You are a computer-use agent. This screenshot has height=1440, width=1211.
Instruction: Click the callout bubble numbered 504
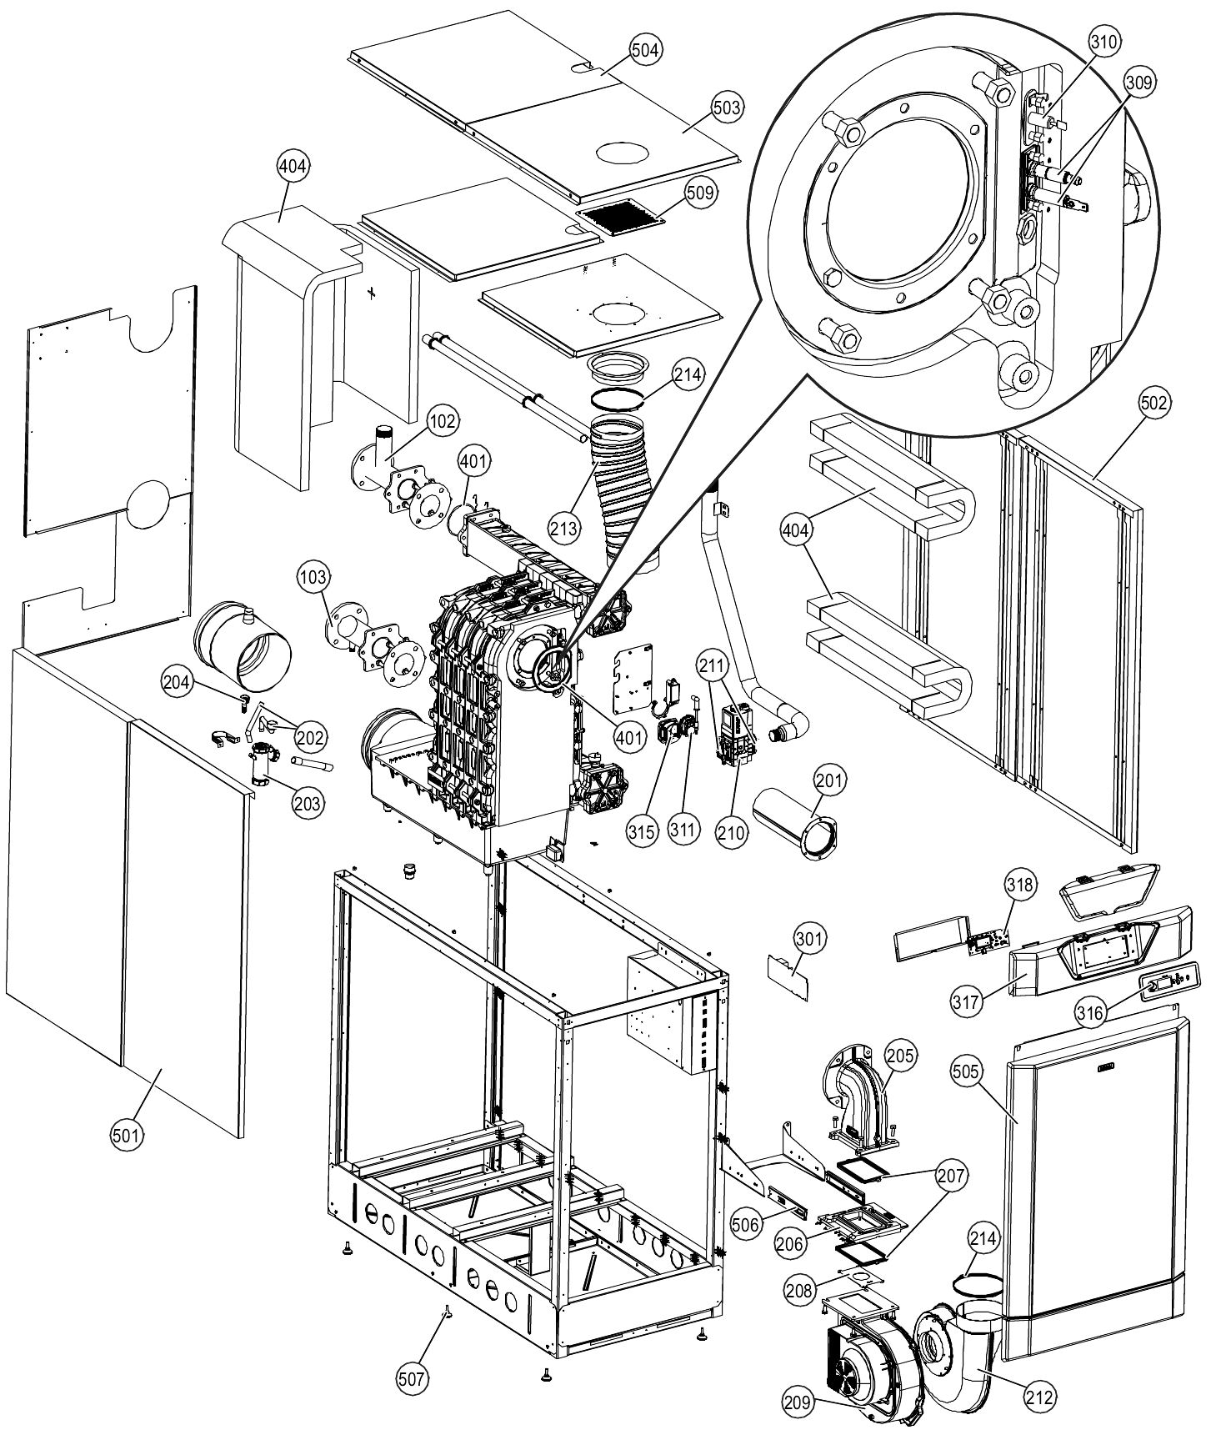(646, 51)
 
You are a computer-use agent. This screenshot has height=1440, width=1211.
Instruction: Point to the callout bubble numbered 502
(1153, 403)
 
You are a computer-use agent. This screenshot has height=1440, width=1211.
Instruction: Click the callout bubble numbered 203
(308, 803)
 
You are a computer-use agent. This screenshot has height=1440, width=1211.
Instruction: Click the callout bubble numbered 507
(413, 1378)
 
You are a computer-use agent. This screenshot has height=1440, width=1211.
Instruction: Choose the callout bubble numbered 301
(809, 940)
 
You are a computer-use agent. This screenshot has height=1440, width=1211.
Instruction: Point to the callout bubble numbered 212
(1041, 1395)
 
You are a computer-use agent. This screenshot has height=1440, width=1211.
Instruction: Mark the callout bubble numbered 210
(731, 833)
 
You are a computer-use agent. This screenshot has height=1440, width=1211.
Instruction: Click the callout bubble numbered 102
(443, 421)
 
